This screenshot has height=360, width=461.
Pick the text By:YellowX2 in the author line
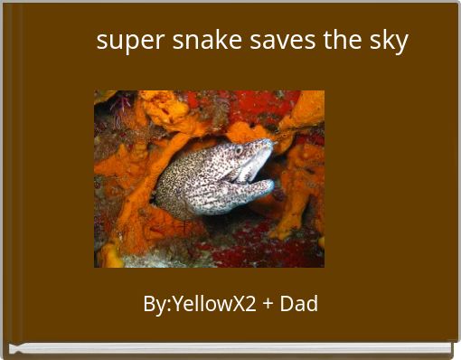tap(200, 304)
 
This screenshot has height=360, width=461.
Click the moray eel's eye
tap(239, 150)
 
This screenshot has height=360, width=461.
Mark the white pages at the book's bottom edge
tap(230, 348)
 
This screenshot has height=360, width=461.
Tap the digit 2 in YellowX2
tap(251, 304)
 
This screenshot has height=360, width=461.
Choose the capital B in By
tap(149, 304)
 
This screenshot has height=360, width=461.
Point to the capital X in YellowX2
tap(239, 304)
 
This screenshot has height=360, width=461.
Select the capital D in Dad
tap(287, 304)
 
